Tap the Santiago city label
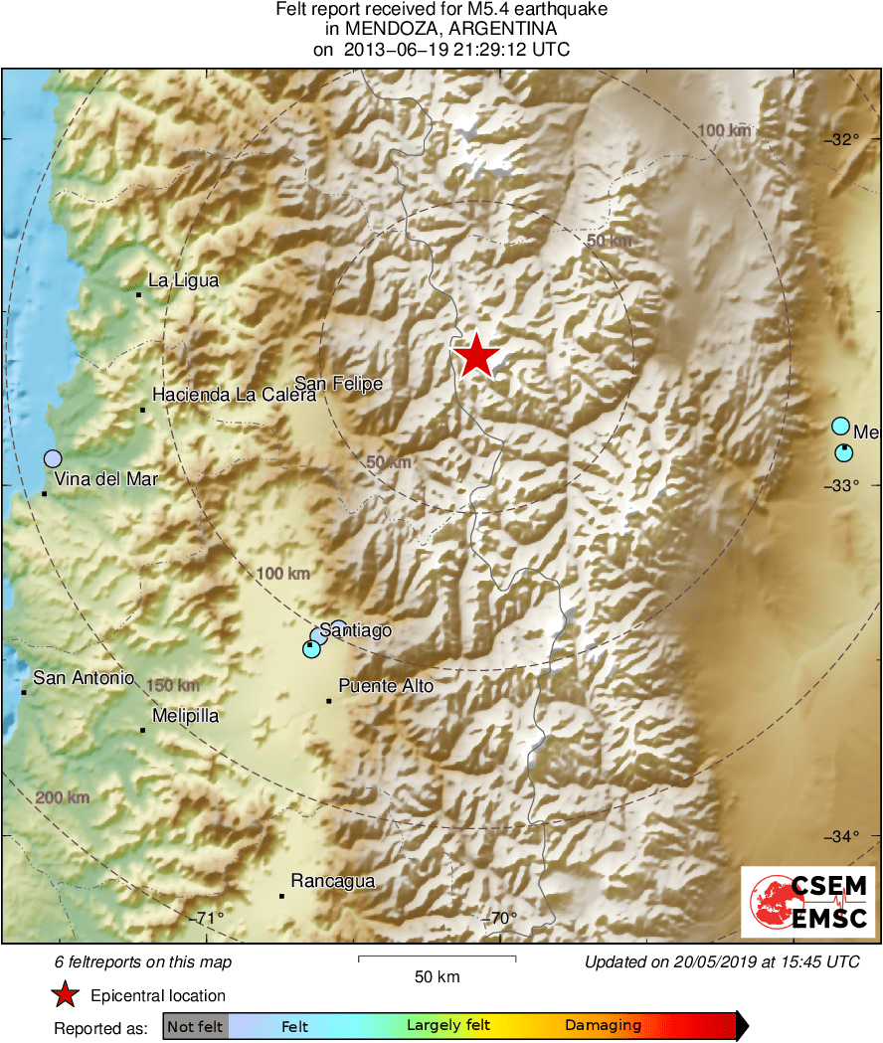coord(356,630)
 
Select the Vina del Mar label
coord(106,479)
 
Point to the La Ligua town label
coord(183,281)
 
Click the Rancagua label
coord(332,881)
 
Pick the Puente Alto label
coord(386,686)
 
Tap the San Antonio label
coord(84,678)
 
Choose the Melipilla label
coord(186,716)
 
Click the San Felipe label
coord(338,384)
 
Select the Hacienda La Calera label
coord(234,395)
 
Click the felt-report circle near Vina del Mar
coord(53,458)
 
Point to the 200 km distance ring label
coord(63,797)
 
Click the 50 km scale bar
coord(437,958)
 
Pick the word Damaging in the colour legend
coord(604,1025)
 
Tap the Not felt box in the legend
coord(196,1025)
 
